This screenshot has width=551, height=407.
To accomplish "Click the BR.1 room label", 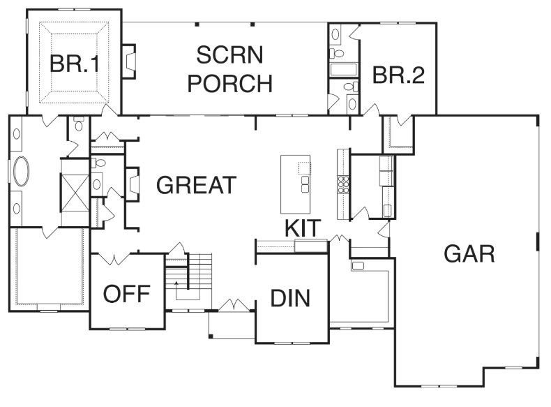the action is pyautogui.click(x=75, y=64).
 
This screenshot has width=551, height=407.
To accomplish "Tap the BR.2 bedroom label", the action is pyautogui.click(x=398, y=75).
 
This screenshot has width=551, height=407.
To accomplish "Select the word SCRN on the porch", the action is pyautogui.click(x=229, y=55).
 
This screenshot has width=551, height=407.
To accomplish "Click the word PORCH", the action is pyautogui.click(x=230, y=83).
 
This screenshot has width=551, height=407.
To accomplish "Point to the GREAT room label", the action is pyautogui.click(x=196, y=185).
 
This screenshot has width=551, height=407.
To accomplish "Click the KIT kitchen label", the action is pyautogui.click(x=303, y=228).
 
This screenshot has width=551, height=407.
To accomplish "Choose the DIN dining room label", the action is pyautogui.click(x=290, y=298).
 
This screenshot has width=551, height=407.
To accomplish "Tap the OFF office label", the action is pyautogui.click(x=126, y=294).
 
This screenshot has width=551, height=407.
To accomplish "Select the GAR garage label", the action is pyautogui.click(x=469, y=253).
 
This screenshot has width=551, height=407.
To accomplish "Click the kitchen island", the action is pyautogui.click(x=295, y=184).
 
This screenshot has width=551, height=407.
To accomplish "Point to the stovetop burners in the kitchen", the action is pyautogui.click(x=343, y=185).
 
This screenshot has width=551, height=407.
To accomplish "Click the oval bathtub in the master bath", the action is pyautogui.click(x=21, y=171).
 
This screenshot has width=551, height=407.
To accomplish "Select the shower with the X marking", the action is pyautogui.click(x=75, y=193).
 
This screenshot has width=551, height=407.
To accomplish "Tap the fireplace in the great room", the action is pyautogui.click(x=133, y=184).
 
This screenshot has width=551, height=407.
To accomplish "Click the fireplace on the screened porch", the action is pyautogui.click(x=128, y=61).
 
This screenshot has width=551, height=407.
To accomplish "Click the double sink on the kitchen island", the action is pyautogui.click(x=305, y=185).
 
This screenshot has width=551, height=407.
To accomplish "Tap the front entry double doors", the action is pyautogui.click(x=234, y=304).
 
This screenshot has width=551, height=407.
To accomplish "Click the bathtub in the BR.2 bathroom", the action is pyautogui.click(x=343, y=69).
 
